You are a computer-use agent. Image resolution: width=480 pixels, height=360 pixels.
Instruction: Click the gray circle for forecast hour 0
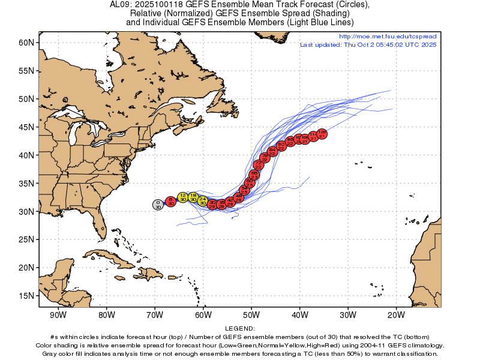coord(158,205)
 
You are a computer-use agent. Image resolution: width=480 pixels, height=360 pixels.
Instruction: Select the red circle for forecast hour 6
coord(170,201)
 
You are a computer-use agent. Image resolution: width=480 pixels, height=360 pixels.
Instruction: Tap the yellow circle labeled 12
coord(183,197)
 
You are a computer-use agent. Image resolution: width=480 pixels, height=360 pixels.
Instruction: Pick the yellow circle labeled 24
coord(203,200)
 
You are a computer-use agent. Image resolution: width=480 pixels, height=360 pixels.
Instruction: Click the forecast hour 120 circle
coord(322,133)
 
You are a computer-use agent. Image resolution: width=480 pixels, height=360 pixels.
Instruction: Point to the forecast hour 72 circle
coord(259,164)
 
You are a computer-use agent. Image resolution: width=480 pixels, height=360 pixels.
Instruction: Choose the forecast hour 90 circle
coord(281,146)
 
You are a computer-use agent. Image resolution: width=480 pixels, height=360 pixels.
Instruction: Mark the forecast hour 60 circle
coord(250,182)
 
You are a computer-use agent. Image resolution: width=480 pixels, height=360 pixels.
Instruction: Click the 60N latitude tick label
coord(25,43)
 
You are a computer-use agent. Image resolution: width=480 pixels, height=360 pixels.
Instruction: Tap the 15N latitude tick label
coord(25,295)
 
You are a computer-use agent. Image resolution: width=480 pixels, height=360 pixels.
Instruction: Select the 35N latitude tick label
coord(25,183)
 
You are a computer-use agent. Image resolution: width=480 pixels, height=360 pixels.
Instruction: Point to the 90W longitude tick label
coord(58,314)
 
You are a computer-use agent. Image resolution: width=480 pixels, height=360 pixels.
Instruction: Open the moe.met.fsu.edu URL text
coord(388,37)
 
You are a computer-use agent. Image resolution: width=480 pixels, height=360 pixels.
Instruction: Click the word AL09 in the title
coord(120,4)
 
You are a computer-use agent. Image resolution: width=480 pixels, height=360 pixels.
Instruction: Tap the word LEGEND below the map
coord(240,329)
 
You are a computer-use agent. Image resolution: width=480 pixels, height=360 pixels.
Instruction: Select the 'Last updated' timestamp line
coord(368,44)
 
